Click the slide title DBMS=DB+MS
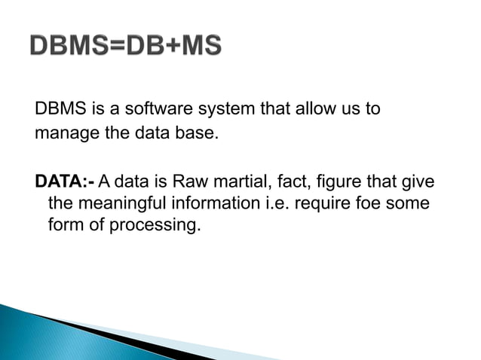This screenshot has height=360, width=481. coord(126,47)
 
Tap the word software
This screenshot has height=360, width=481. coord(150,110)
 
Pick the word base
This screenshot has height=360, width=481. coord(185,136)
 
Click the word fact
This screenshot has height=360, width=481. coord(290,182)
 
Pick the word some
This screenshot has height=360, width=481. coord(412,203)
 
